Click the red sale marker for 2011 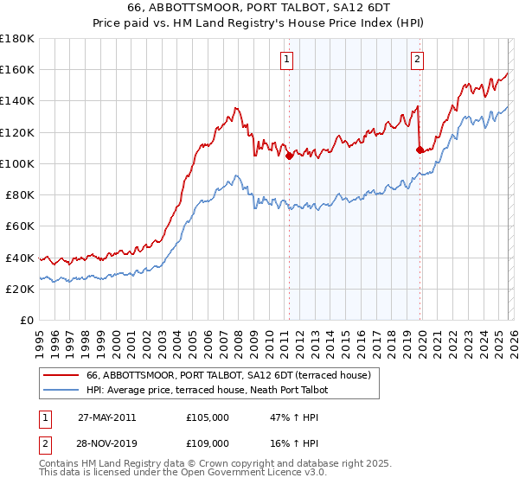tap(289, 156)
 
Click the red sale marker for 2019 tap(420, 150)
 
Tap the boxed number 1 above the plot tap(286, 60)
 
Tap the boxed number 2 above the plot tap(417, 60)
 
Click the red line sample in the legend tap(61, 375)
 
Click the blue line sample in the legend tap(61, 390)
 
